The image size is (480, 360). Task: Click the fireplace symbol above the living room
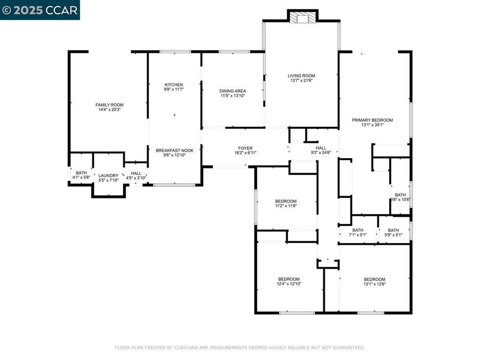tap(302, 17)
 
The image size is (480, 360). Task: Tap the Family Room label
tap(109, 105)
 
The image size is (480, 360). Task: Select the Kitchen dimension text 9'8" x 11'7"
tap(173, 90)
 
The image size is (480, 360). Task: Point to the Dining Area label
tap(232, 91)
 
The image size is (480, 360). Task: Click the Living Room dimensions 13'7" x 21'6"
tap(301, 81)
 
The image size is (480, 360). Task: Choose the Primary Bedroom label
tap(372, 120)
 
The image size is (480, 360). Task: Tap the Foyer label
tap(245, 148)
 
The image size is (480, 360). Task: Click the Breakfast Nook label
tap(174, 150)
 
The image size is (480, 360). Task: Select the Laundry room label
tap(108, 176)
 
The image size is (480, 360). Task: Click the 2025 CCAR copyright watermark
tap(40, 10)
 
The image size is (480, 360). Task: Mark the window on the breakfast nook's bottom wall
tap(174, 185)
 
